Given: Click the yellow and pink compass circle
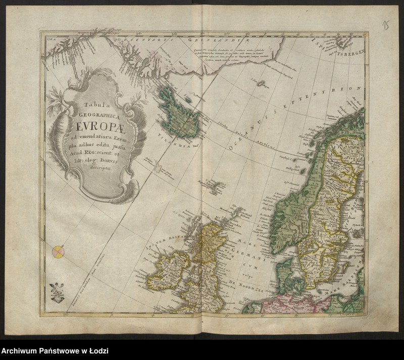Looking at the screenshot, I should [x=59, y=251].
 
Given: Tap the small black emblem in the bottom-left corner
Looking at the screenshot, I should [x=58, y=293].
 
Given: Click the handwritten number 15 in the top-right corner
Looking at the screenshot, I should [x=386, y=26].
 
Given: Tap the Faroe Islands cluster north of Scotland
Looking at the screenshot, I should [x=216, y=187].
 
